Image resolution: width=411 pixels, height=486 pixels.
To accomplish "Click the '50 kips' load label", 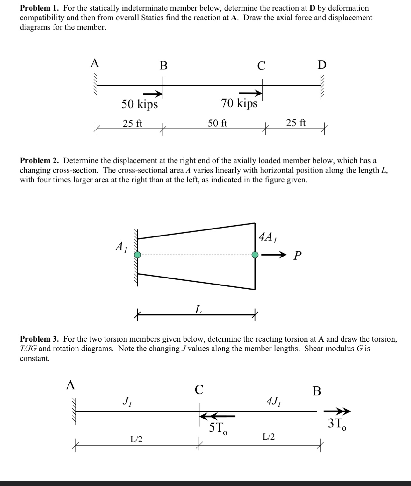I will [140, 104].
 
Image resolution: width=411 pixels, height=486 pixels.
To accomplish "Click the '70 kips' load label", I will [239, 103].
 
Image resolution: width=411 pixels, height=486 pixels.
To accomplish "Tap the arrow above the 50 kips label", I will [153, 94].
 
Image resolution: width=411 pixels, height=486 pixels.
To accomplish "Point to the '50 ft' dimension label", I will [217, 123].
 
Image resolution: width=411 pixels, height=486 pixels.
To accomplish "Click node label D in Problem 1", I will [322, 65].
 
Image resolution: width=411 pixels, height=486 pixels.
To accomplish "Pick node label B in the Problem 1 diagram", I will [163, 66].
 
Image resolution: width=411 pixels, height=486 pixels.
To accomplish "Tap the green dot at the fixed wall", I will [137, 255].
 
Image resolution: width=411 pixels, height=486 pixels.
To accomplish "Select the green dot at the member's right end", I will [255, 255].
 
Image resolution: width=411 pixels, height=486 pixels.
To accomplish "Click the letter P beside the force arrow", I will [297, 256].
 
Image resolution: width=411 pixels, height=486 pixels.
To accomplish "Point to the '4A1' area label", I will [267, 237].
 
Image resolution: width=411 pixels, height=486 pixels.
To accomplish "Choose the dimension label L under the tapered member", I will [198, 309].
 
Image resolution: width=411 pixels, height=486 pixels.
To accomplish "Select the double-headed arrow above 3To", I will [337, 411].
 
